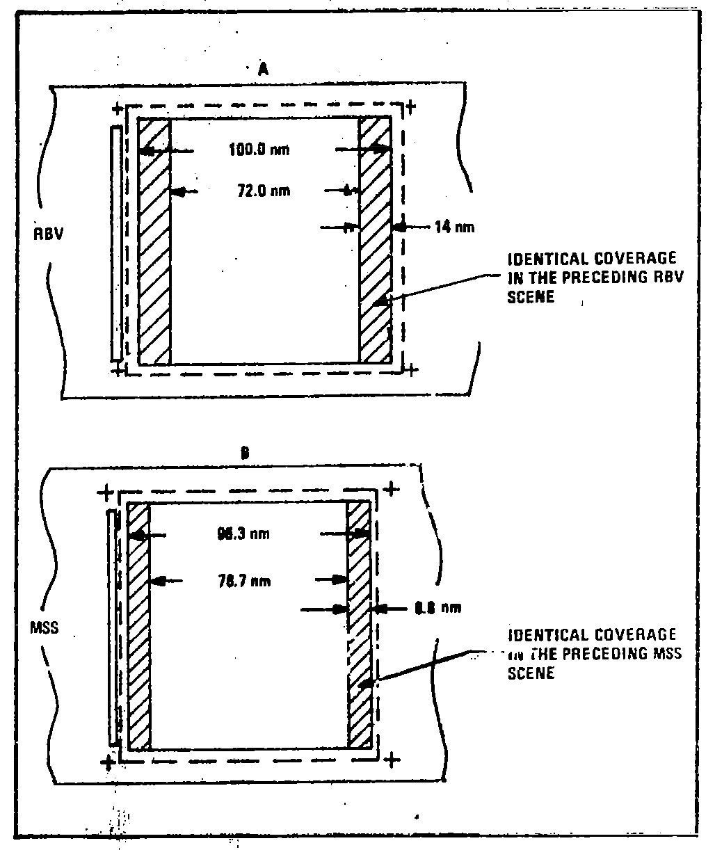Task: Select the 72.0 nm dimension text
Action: (262, 191)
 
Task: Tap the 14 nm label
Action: (455, 227)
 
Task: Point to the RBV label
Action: (49, 234)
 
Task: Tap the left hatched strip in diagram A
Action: (154, 240)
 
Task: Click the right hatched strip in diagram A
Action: (374, 240)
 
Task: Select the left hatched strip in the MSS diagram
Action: (139, 626)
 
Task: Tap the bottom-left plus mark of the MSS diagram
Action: (109, 762)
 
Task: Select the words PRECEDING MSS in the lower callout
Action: (612, 654)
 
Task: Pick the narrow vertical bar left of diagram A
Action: (116, 243)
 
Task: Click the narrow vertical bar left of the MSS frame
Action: (112, 626)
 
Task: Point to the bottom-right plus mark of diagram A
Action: (411, 369)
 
